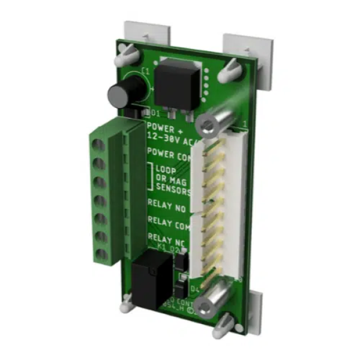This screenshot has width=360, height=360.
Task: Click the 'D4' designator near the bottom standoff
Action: (194, 289)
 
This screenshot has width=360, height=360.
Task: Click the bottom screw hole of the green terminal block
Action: (100, 254)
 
